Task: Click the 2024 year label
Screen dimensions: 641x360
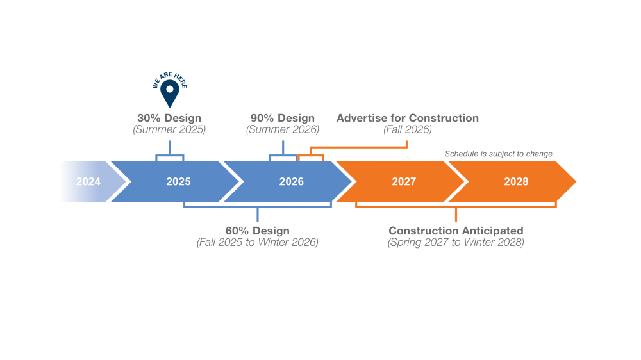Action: pyautogui.click(x=88, y=181)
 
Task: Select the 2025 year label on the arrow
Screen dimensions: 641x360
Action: pyautogui.click(x=178, y=181)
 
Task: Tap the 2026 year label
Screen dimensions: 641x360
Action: pyautogui.click(x=292, y=181)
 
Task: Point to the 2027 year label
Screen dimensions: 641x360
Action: pyautogui.click(x=404, y=181)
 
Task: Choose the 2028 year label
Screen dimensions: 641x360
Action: pyautogui.click(x=516, y=181)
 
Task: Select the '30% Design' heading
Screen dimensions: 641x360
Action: pyautogui.click(x=169, y=118)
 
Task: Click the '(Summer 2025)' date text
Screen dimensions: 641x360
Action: pyautogui.click(x=169, y=129)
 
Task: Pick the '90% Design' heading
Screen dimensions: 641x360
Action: pyautogui.click(x=283, y=118)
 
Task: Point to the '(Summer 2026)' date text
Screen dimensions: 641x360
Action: pyautogui.click(x=283, y=129)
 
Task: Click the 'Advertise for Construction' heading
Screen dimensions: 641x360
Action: pyautogui.click(x=408, y=118)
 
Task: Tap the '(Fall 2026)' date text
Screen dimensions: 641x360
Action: pyautogui.click(x=408, y=129)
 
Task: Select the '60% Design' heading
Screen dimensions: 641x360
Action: pyautogui.click(x=258, y=231)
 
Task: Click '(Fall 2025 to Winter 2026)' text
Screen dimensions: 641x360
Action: pyautogui.click(x=258, y=242)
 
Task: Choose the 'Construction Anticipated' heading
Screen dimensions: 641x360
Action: pyautogui.click(x=456, y=231)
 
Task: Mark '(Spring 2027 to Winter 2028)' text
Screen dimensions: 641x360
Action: pyautogui.click(x=456, y=242)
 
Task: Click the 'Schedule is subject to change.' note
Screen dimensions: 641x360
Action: pyautogui.click(x=499, y=154)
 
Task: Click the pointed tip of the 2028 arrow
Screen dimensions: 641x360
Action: pyautogui.click(x=576, y=181)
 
